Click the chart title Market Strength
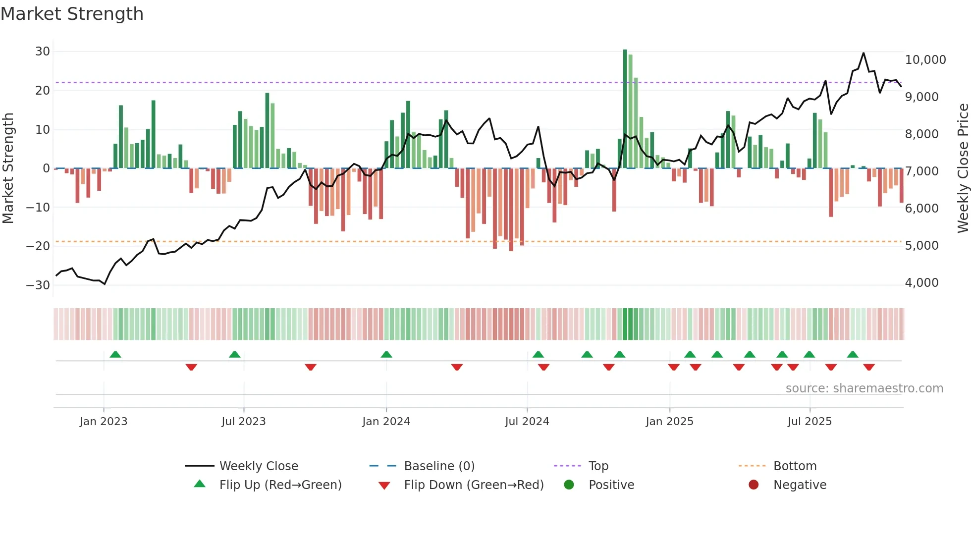tap(72, 14)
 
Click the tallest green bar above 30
tap(625, 109)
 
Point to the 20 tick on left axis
tap(43, 90)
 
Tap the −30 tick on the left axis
tap(38, 285)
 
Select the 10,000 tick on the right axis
tap(925, 59)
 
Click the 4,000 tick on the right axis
tap(921, 282)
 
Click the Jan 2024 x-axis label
tap(386, 421)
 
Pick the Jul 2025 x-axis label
tap(809, 421)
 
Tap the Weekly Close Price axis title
tap(963, 168)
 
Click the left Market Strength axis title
tap(8, 168)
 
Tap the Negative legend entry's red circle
tap(754, 485)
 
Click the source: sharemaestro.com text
tap(864, 388)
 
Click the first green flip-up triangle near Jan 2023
tap(115, 354)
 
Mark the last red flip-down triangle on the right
tap(869, 367)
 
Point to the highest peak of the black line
tap(863, 53)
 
